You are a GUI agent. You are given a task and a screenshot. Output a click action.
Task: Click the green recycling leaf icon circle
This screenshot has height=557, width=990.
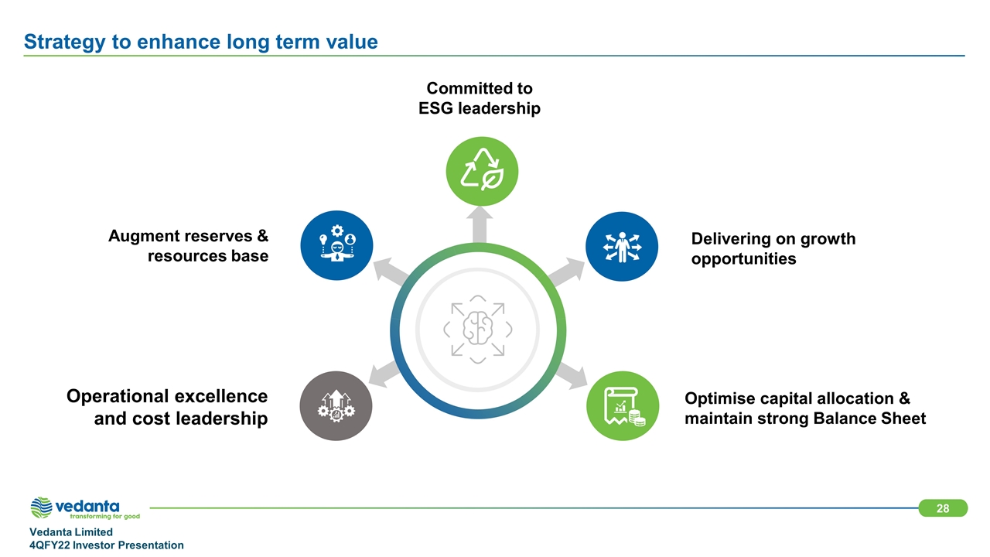click(482, 171)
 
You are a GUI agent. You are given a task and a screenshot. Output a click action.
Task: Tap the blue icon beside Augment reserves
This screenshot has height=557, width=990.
click(336, 245)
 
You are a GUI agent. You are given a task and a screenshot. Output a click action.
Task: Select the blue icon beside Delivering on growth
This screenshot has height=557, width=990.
click(622, 246)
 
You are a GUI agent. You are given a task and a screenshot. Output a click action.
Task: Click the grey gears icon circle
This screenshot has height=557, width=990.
click(336, 406)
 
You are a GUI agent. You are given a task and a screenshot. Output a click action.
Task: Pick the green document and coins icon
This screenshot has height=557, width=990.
click(623, 406)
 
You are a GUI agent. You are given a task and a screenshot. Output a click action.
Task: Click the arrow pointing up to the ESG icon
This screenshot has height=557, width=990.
click(480, 225)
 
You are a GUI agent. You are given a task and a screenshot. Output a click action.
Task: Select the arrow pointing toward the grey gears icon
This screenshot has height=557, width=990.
click(385, 374)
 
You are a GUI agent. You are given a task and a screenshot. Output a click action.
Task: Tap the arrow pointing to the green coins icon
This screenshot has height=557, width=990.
click(572, 376)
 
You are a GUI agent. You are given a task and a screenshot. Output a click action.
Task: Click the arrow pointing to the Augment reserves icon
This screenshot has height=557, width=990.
click(391, 271)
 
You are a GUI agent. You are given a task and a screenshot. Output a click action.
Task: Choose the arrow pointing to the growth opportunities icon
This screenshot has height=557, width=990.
click(567, 272)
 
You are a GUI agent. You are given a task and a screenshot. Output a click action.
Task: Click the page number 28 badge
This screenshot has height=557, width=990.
click(943, 508)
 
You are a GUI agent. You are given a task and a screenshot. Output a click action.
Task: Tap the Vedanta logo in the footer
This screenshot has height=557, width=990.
click(85, 508)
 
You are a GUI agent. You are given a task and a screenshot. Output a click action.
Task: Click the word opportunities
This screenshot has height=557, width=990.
click(743, 259)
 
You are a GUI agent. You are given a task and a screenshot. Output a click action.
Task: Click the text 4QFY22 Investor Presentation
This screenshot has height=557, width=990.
click(107, 545)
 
